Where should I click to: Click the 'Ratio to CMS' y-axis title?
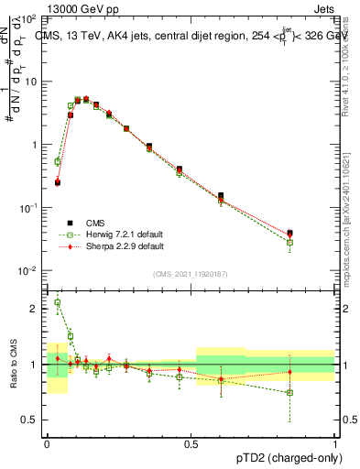tap(13, 364)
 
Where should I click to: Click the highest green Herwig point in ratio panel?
tap(58, 302)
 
